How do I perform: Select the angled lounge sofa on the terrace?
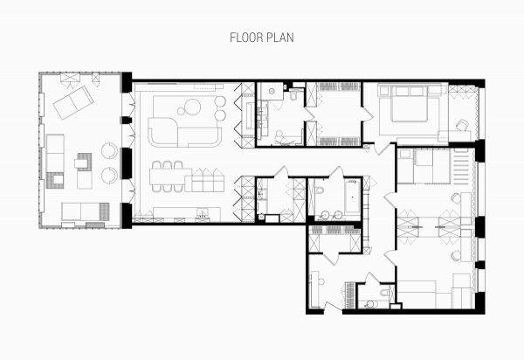[73, 102]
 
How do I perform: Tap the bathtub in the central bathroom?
[353, 197]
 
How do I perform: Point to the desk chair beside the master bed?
[463, 125]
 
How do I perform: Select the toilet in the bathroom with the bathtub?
[320, 190]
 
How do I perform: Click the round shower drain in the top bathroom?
[272, 91]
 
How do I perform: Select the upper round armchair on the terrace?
[109, 150]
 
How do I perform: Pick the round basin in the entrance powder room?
[369, 304]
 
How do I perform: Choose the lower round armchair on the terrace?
[109, 175]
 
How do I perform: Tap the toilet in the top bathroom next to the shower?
[293, 95]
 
